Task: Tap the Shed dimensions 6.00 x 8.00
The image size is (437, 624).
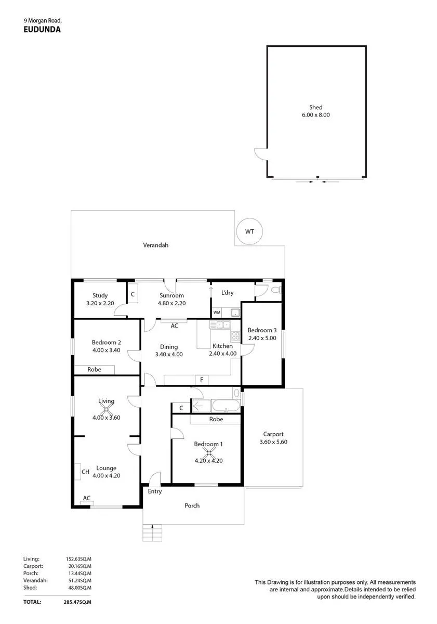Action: (x=315, y=115)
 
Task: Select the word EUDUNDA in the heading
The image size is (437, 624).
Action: (x=42, y=30)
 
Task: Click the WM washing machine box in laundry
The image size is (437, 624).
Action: (x=217, y=313)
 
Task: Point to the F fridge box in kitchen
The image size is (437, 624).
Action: (x=202, y=380)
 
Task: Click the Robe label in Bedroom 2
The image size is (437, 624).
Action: (x=94, y=369)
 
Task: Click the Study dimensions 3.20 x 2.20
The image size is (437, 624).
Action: (x=100, y=303)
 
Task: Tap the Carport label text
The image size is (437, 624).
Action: (x=273, y=434)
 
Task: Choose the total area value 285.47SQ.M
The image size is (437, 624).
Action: (x=77, y=602)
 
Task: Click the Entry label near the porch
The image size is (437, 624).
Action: (x=155, y=491)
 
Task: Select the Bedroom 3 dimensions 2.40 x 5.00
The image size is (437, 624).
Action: (x=262, y=338)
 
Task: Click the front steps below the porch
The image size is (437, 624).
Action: (x=152, y=532)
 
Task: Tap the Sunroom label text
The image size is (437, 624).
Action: (x=171, y=295)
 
